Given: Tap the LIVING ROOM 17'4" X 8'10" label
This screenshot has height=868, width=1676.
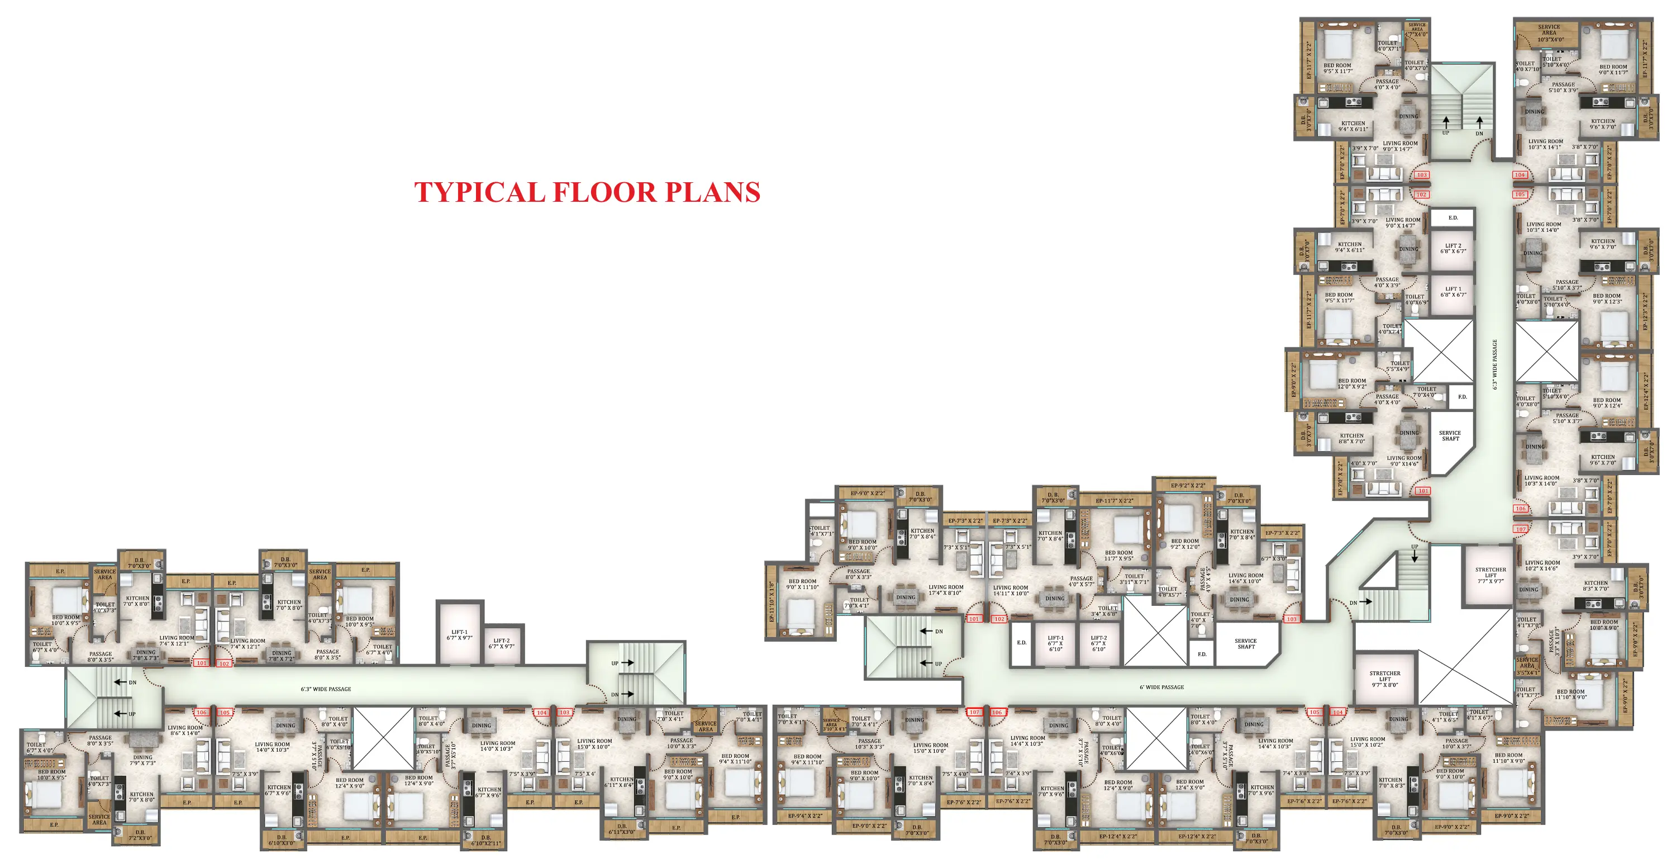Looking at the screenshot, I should pos(945,590).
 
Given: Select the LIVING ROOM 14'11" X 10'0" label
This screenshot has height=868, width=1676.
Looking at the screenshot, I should pos(1011,590).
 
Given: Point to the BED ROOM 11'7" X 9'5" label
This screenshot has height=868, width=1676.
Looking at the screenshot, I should pos(1118,555).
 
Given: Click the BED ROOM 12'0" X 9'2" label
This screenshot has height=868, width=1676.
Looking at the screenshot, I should pos(1351,384).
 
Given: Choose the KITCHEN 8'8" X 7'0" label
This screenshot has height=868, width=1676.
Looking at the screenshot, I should pos(1351,439).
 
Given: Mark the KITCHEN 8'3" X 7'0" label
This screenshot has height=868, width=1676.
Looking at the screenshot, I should pos(1596,586).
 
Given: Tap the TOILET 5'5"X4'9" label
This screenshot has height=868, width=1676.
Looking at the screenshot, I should pos(1399,366).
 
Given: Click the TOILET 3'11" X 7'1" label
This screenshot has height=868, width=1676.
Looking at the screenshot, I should pos(1134,578).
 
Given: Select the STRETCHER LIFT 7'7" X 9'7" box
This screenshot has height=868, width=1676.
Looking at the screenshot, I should pos(1490,575).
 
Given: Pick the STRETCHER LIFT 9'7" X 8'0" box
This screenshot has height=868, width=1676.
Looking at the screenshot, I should pos(1384,679).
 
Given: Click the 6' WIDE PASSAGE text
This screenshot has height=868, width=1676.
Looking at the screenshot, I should pos(1161,687).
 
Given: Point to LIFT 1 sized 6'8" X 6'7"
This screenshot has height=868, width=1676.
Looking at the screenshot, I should pos(1453,292).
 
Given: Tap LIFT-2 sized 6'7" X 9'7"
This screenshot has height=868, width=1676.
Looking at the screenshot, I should pos(501,643).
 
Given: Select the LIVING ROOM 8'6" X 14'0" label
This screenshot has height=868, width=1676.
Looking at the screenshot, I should pos(185,730).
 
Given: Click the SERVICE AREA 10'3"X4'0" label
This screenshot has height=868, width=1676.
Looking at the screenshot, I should pos(1549,33).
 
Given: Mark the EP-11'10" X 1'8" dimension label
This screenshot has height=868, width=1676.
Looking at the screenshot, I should pos(772,602).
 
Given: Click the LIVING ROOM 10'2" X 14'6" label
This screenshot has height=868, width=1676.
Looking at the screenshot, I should pos(1542,565).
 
